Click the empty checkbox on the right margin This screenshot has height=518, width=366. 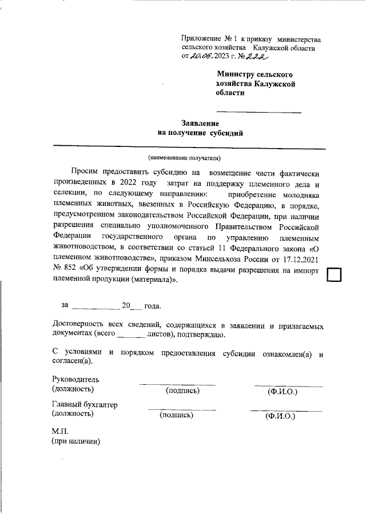(x=334, y=275)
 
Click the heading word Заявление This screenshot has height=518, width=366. (x=200, y=123)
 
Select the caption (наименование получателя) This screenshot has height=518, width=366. (x=184, y=157)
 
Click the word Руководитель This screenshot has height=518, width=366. (x=75, y=379)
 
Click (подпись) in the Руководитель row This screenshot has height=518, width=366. (x=182, y=391)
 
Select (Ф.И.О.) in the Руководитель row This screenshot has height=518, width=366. (x=283, y=392)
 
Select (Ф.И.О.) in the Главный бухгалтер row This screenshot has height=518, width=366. (x=280, y=417)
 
